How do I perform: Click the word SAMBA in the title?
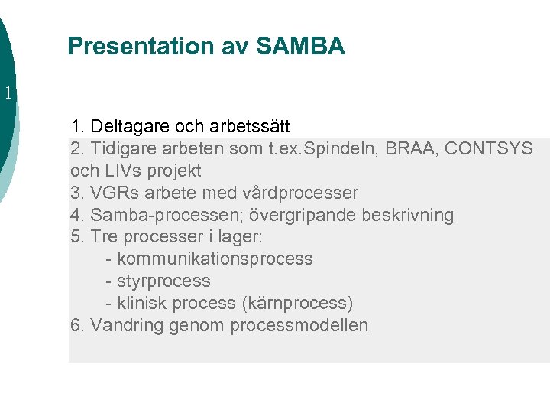click(x=300, y=47)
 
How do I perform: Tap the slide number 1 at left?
click(x=8, y=94)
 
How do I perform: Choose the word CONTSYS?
click(x=489, y=148)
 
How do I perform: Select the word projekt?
click(x=173, y=171)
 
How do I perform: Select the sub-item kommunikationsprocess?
click(x=215, y=259)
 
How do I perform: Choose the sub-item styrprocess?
click(x=163, y=281)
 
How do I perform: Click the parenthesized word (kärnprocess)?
click(x=297, y=303)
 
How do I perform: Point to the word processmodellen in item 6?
click(x=303, y=325)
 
